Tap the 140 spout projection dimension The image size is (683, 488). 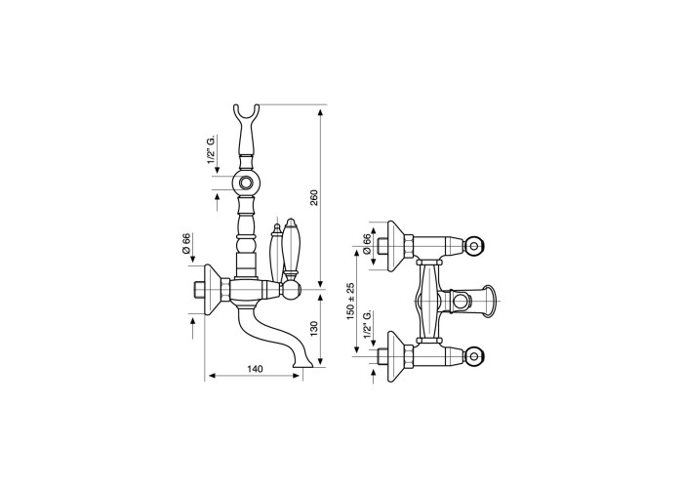[255, 369]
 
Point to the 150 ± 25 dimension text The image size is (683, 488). [350, 301]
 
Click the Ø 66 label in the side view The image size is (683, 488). [186, 244]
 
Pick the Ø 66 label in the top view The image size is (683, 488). [366, 244]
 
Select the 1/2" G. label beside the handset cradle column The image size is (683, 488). [211, 149]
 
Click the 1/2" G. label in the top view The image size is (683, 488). [367, 324]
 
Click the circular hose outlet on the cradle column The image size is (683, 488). [246, 182]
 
